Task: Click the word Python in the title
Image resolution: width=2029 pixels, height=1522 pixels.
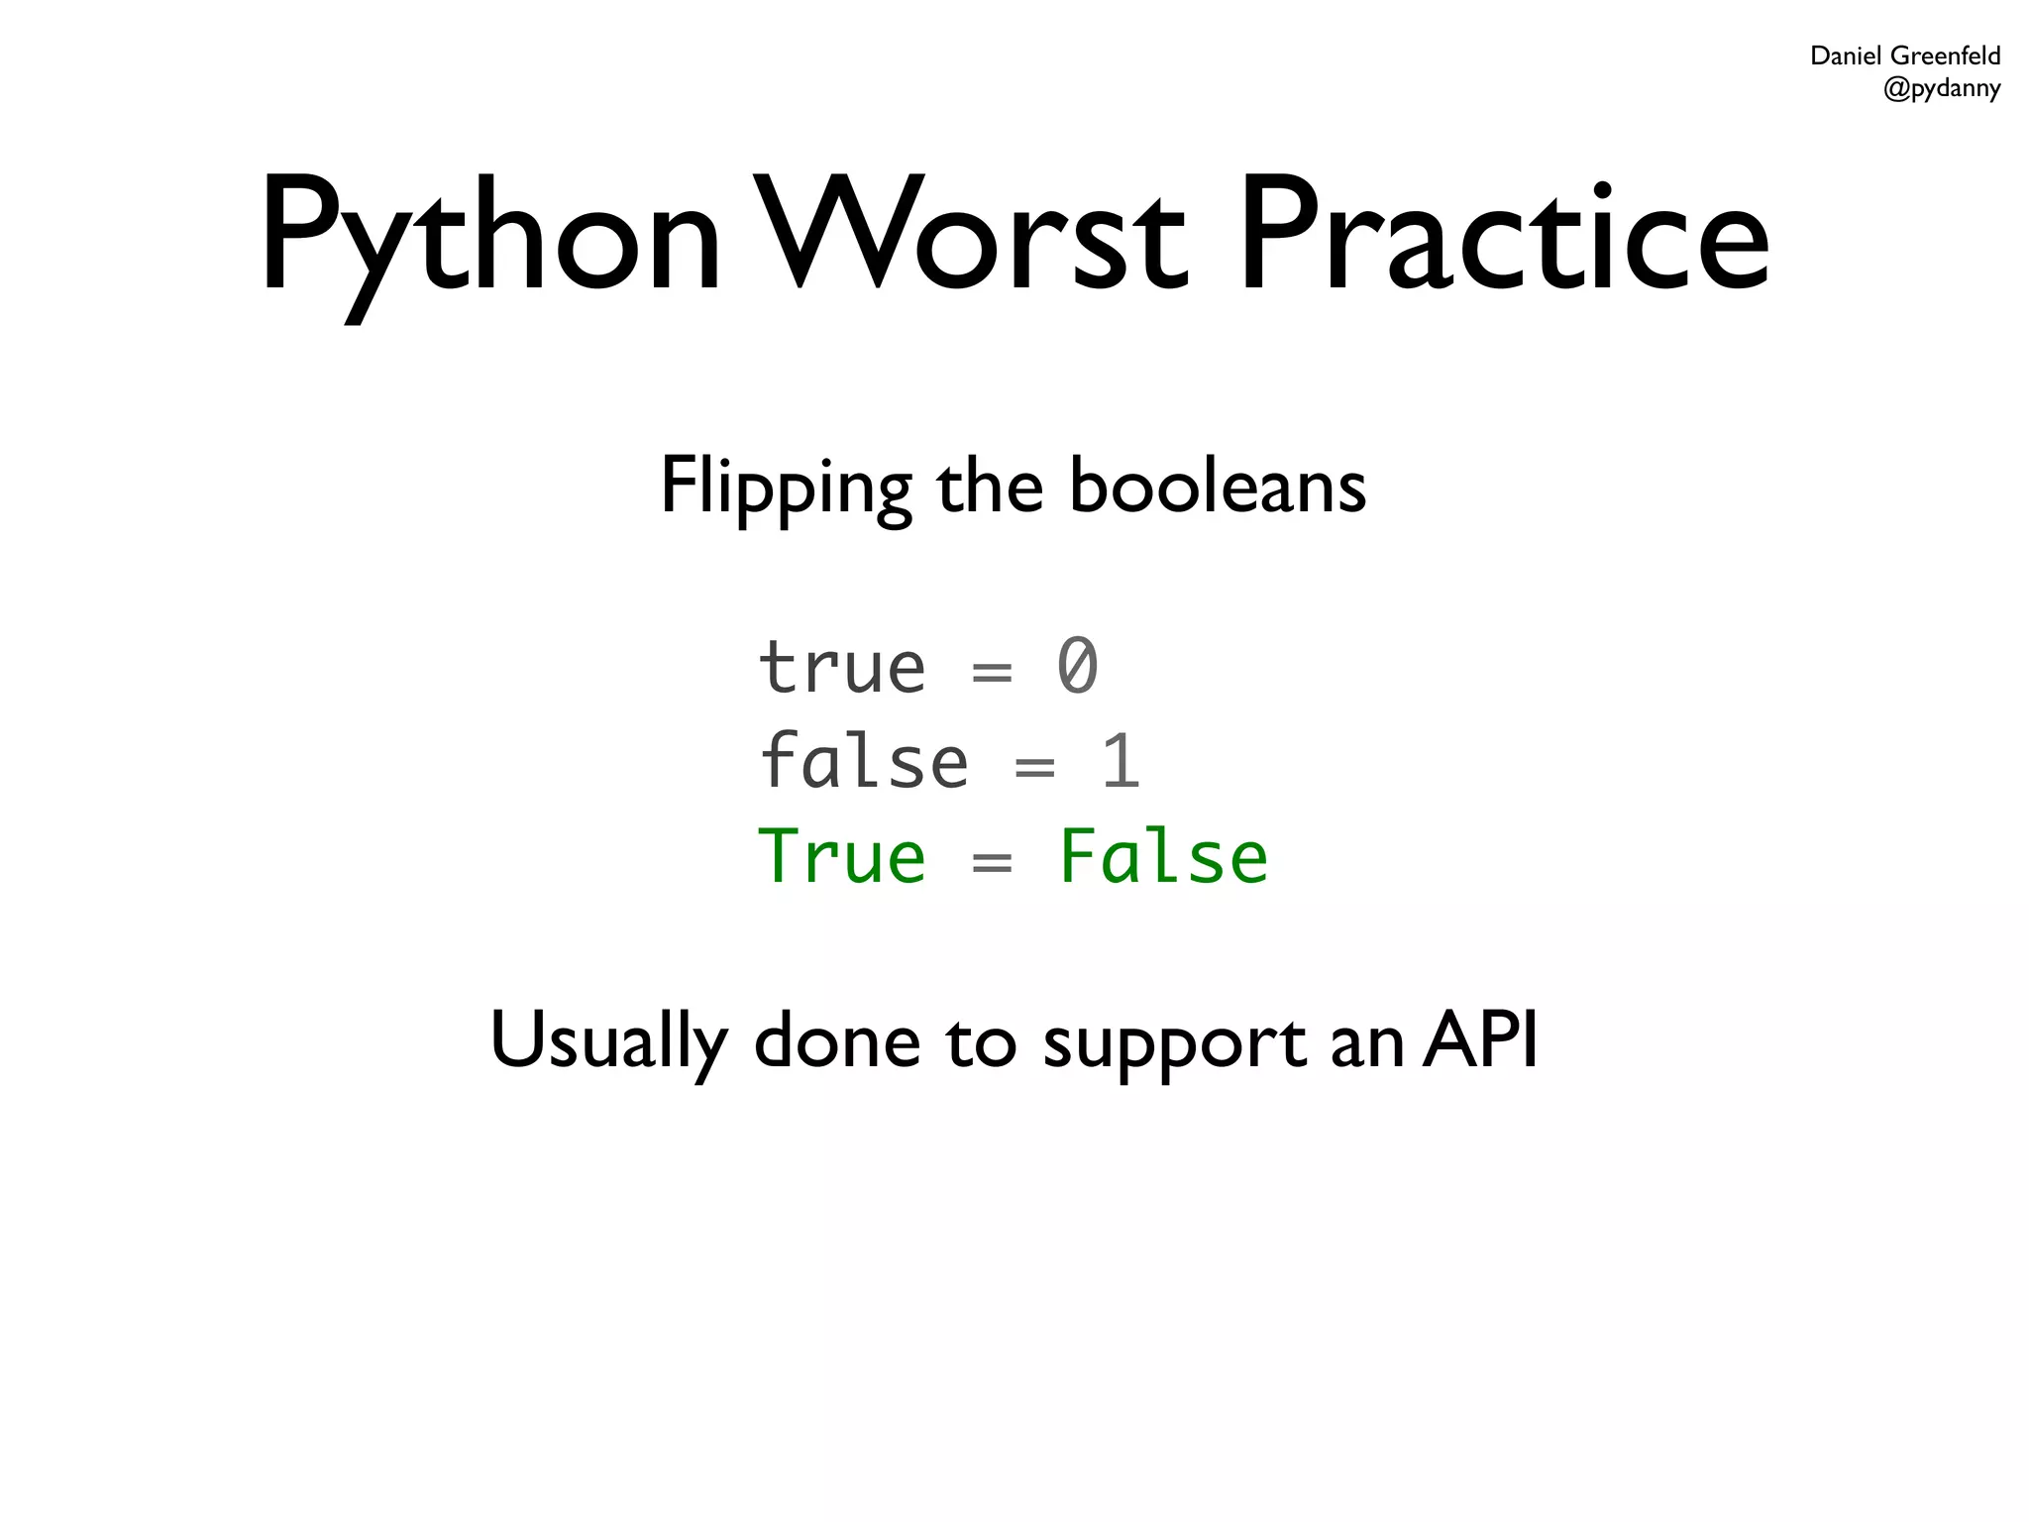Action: (490, 238)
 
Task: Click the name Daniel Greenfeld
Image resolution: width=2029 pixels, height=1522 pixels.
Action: (1904, 55)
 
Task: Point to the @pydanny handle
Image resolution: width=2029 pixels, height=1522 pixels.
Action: (1941, 88)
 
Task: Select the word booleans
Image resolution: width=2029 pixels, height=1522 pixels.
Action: (1218, 488)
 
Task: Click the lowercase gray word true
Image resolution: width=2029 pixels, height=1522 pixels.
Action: (842, 667)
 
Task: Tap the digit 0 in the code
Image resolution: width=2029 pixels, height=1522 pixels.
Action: (1077, 667)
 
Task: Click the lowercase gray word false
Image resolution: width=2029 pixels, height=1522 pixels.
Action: (864, 762)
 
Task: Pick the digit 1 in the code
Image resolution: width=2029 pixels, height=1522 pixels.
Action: (1121, 762)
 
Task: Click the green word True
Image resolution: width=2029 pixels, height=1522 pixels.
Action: (842, 857)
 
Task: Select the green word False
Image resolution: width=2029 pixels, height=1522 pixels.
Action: (1163, 857)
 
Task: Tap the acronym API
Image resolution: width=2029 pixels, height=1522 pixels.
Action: (1480, 1039)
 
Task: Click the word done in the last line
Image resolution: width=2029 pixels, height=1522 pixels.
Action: (837, 1040)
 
